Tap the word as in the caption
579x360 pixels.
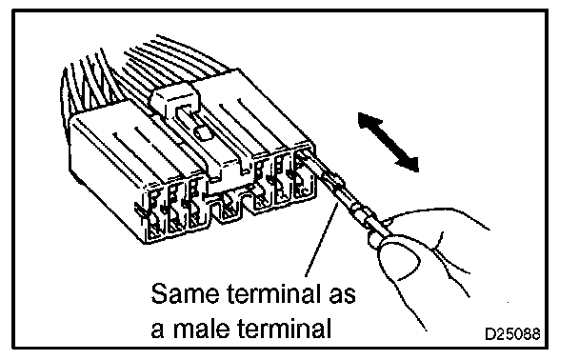pos(342,296)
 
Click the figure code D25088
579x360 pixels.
pos(512,334)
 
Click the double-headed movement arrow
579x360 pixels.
pos(389,142)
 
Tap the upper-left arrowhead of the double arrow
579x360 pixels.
pos(367,121)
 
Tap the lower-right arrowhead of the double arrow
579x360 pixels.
pos(409,163)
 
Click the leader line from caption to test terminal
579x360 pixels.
pos(321,239)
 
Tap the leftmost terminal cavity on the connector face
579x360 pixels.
pos(154,214)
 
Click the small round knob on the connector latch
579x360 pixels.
pos(203,133)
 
